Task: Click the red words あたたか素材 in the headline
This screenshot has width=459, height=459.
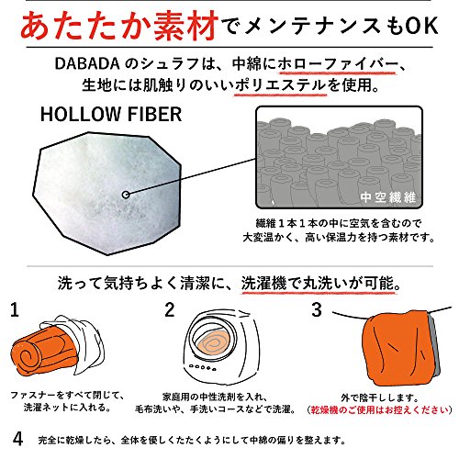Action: click(119, 26)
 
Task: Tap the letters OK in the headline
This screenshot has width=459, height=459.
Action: click(421, 26)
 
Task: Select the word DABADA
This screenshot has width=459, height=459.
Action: click(86, 63)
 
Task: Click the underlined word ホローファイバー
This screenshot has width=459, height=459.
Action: click(338, 63)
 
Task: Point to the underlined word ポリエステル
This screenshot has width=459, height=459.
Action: click(280, 84)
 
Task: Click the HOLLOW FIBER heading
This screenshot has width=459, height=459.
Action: click(111, 114)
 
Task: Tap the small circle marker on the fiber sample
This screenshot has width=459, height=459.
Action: click(126, 195)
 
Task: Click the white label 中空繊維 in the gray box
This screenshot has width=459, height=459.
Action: click(387, 197)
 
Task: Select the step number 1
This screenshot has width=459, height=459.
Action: click(15, 309)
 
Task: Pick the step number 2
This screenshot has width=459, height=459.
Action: click(170, 309)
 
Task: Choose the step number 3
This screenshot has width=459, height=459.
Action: click(317, 309)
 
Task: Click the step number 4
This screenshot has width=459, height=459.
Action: click(17, 439)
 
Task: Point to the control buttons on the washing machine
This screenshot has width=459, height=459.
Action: click(203, 367)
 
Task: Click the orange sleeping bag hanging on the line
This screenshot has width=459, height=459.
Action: click(397, 349)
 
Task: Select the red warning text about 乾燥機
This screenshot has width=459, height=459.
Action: click(379, 409)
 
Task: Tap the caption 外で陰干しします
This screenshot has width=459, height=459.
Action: click(380, 397)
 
